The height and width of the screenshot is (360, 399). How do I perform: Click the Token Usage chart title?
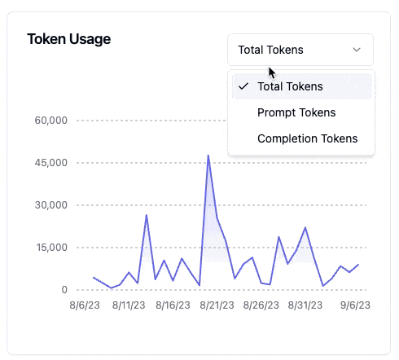click(x=69, y=38)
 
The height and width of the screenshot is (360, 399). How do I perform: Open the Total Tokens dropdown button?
click(x=300, y=50)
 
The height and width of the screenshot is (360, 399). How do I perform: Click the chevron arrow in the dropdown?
click(x=357, y=50)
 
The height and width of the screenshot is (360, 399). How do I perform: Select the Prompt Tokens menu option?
click(x=296, y=112)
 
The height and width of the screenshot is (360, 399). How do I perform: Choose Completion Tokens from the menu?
click(x=307, y=138)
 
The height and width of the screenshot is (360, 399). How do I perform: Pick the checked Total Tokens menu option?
click(x=290, y=86)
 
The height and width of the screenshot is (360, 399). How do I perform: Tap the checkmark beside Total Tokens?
click(x=243, y=86)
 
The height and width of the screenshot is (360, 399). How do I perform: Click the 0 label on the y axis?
click(x=63, y=290)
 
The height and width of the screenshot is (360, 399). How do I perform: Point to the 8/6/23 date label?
click(x=85, y=305)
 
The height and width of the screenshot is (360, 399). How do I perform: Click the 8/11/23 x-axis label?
click(x=129, y=305)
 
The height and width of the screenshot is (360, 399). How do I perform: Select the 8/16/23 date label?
click(x=173, y=305)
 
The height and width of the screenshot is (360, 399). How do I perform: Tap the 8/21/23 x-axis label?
click(x=217, y=305)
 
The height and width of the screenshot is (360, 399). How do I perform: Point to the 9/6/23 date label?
click(x=355, y=305)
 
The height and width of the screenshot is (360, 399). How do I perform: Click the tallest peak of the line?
click(x=208, y=155)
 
